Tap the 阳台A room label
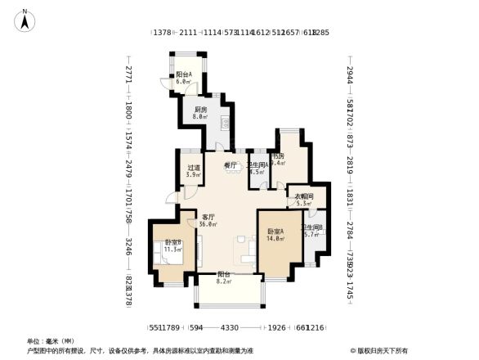coord(183,74)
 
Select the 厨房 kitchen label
coord(200,110)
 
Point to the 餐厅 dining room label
coord(231,165)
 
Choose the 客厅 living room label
coord(208,216)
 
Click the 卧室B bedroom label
coord(172,242)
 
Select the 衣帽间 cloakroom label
coord(304,196)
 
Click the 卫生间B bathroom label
coord(311,227)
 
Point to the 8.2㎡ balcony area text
coord(223,281)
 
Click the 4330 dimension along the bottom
coord(229,328)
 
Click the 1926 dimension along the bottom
coord(277,328)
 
